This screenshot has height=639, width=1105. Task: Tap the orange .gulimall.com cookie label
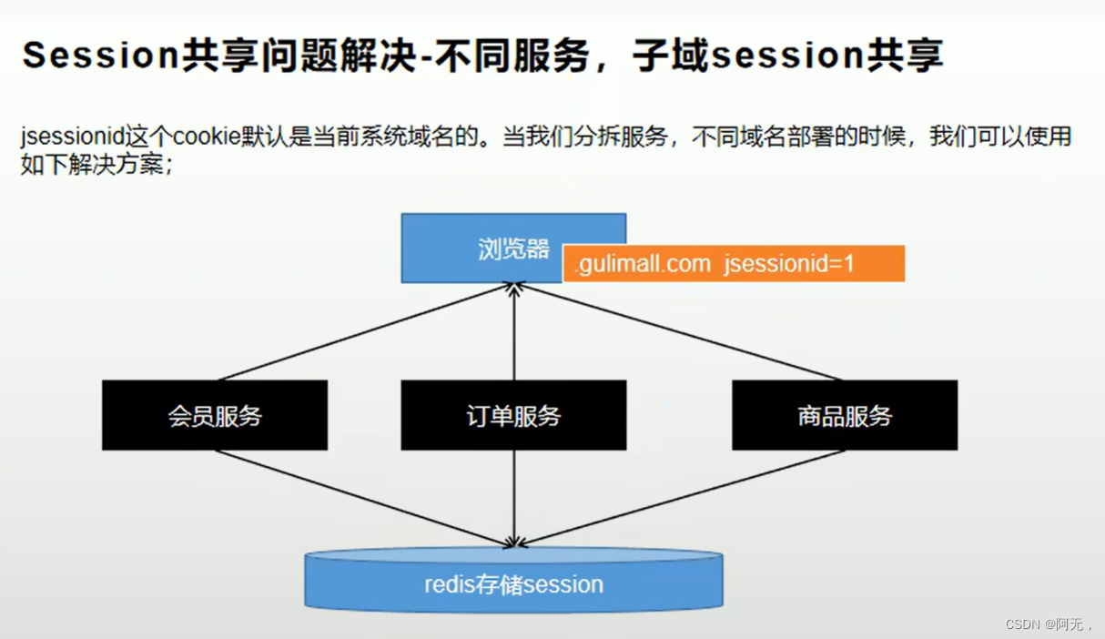[x=733, y=264]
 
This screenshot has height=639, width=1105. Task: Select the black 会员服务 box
[x=215, y=416]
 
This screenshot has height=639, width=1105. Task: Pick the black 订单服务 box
[x=513, y=416]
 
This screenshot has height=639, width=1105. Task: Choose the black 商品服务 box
[x=845, y=416]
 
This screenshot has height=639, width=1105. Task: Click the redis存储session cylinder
[x=513, y=583]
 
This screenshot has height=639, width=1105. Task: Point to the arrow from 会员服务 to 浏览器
[x=364, y=332]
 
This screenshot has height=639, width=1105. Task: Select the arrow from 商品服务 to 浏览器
[x=674, y=332]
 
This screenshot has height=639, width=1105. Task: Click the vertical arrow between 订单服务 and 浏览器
[x=514, y=332]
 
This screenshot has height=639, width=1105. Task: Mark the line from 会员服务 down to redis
[x=364, y=498]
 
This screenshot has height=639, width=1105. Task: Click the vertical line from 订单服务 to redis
[x=514, y=498]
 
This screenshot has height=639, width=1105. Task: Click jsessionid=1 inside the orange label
[x=789, y=264]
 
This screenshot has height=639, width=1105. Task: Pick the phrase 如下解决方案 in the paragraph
[x=92, y=167]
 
